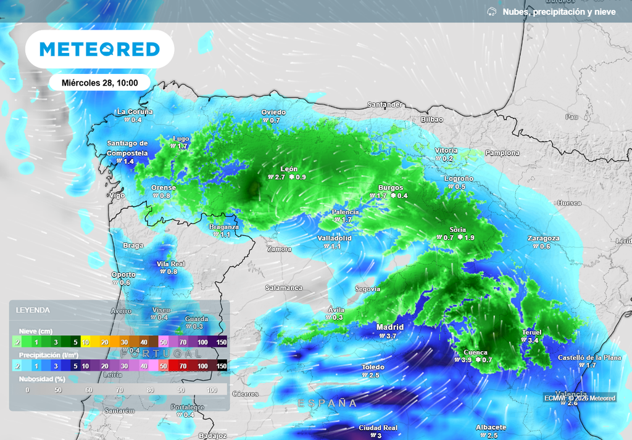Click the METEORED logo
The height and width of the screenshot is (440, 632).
coord(99,49)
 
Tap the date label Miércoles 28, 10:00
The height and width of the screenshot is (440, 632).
coord(99,83)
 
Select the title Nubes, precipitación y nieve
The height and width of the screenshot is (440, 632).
coord(559,12)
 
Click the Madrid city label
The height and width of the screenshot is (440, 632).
coord(390,327)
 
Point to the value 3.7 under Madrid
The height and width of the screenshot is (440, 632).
coord(391,336)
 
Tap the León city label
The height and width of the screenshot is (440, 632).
coord(289,169)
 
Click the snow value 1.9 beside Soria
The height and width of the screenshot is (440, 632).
coord(469,238)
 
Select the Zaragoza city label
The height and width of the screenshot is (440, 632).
coord(543,238)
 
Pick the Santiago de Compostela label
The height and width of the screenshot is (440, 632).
coord(127,148)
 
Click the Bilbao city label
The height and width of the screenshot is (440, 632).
coord(432,119)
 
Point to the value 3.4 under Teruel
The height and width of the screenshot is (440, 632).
coord(534,341)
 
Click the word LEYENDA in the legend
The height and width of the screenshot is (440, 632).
coord(33,311)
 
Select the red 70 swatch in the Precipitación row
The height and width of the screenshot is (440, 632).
coord(184,366)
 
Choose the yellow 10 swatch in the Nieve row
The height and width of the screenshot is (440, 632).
coord(86,341)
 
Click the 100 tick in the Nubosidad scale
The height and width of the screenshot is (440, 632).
coord(212,390)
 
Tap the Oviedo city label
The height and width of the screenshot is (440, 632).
coord(273,112)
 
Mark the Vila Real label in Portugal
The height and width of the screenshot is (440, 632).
coord(170,264)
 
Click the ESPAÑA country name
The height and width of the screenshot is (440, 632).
coord(327,403)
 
